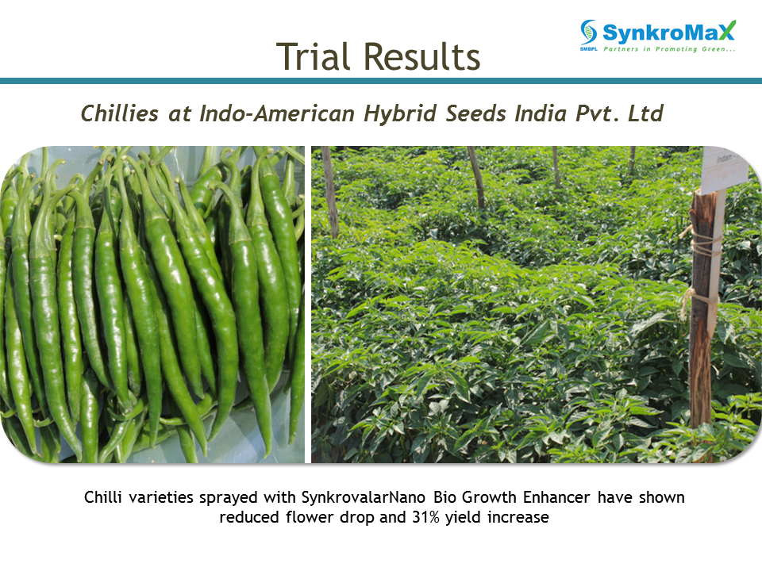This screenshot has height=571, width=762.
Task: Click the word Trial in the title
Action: (313, 56)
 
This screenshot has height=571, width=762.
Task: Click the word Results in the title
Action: (421, 56)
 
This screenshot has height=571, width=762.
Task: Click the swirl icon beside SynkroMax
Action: (588, 32)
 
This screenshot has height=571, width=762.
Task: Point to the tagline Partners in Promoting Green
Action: (669, 49)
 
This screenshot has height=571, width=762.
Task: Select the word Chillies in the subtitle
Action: (120, 113)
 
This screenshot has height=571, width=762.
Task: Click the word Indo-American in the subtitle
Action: (277, 113)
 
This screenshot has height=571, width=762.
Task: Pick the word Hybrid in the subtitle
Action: (400, 114)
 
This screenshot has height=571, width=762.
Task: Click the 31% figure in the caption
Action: (425, 517)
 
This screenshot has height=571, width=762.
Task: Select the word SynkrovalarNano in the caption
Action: (363, 497)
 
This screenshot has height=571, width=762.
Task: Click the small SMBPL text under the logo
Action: (588, 49)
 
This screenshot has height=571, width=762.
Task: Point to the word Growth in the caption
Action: (489, 497)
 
